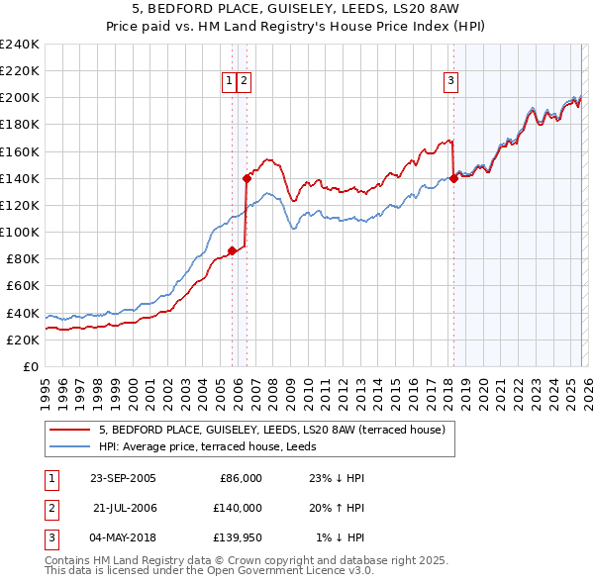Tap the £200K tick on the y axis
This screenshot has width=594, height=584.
(x=20, y=98)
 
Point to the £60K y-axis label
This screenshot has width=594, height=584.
(x=23, y=286)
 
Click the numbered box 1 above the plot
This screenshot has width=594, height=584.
(x=230, y=81)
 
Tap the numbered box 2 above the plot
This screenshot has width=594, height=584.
(x=244, y=81)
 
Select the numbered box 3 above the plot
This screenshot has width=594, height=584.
(x=450, y=81)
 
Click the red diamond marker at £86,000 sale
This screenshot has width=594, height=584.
(x=232, y=250)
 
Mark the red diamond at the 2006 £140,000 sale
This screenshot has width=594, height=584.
(x=247, y=178)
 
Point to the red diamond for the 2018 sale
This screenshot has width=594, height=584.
(x=453, y=178)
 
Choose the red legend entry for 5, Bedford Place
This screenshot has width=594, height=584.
(x=272, y=430)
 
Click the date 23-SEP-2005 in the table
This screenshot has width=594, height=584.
(x=122, y=478)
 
